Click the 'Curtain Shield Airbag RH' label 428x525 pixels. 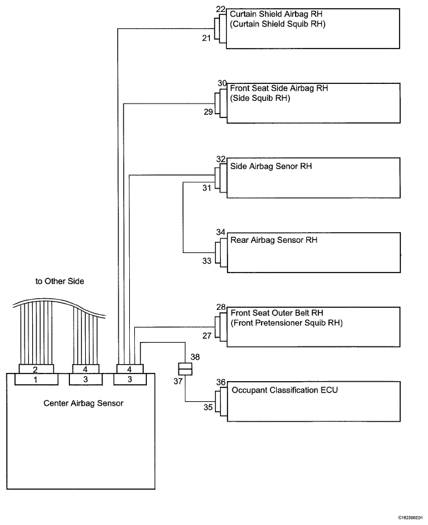(x=276, y=14)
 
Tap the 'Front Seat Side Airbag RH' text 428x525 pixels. (x=279, y=88)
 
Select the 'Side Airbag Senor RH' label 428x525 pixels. (x=271, y=166)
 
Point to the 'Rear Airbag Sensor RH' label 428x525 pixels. (x=274, y=240)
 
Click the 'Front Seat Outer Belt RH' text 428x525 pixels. (x=277, y=313)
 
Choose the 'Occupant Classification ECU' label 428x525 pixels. (x=284, y=390)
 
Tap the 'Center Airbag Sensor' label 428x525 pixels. (x=83, y=403)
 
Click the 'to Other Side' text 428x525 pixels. (x=60, y=281)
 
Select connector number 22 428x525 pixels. (x=221, y=9)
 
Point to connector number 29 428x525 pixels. (x=208, y=112)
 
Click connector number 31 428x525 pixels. (x=207, y=188)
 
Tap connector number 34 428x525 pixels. (x=221, y=232)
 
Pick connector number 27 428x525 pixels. (x=207, y=336)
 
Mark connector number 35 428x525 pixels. (x=208, y=407)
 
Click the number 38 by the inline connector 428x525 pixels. (x=195, y=357)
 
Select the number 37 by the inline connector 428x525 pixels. (x=178, y=381)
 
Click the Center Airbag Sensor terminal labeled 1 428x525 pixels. (x=35, y=380)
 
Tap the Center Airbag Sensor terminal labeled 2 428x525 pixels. (x=35, y=369)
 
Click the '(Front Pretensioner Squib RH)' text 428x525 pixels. (x=287, y=323)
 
